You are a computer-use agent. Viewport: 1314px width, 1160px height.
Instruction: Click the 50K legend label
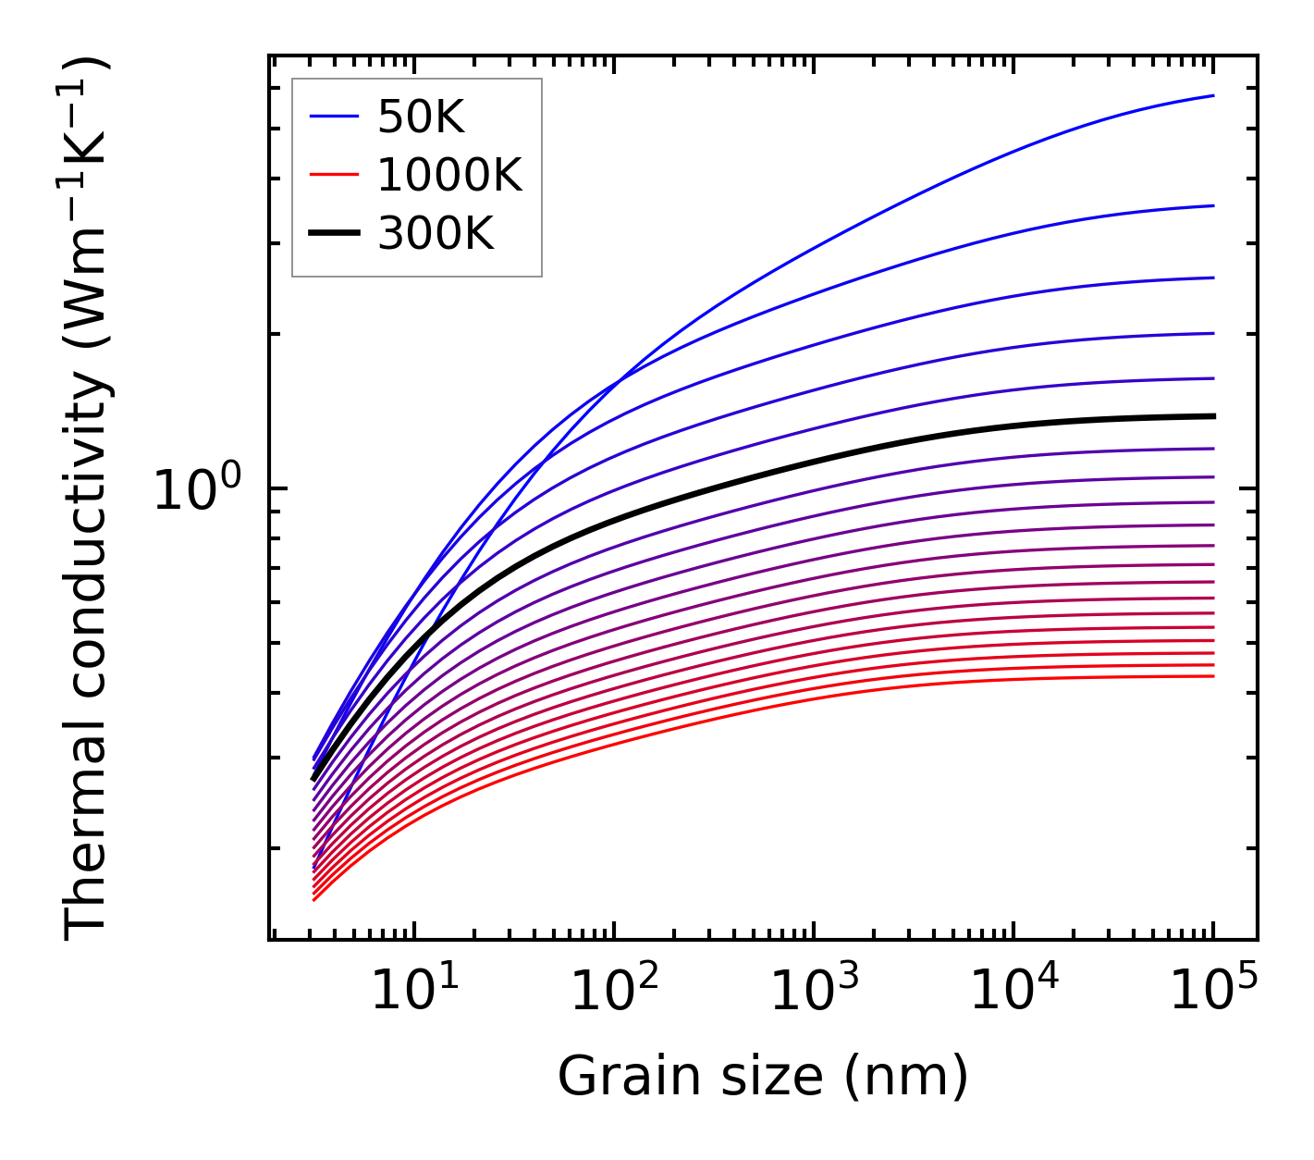421,117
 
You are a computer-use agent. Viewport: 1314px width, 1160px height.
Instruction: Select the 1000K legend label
449,175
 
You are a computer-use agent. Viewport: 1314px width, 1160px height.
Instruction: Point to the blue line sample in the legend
334,117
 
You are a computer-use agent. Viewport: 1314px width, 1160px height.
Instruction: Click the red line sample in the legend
334,174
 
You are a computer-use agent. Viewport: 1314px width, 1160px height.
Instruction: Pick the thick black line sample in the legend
334,233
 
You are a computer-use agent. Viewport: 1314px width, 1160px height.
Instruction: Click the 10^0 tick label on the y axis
197,490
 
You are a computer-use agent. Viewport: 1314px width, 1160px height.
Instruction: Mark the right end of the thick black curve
1213,416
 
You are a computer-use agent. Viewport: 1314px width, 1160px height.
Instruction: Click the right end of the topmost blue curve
1213,95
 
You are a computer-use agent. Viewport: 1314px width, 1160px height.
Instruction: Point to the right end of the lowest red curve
1213,676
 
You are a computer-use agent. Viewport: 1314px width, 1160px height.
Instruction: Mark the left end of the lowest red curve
314,899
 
